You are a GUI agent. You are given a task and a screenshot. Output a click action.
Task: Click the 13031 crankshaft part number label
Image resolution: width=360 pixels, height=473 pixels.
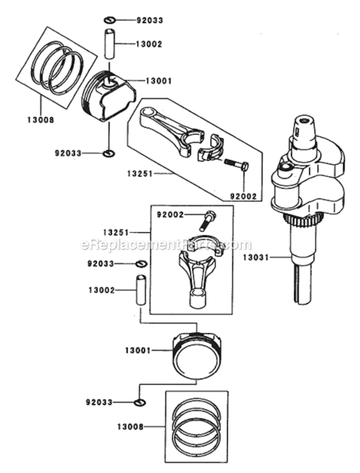[x=256, y=257]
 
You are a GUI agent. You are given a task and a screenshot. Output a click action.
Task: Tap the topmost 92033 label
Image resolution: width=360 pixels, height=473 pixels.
[x=149, y=20]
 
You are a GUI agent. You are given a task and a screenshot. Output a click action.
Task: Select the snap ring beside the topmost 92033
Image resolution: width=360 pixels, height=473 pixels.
[x=110, y=20]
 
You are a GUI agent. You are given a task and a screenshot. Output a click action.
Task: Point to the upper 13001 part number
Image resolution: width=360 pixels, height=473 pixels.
[x=159, y=81]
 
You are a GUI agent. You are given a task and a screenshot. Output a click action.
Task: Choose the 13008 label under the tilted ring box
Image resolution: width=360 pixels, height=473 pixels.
[x=41, y=120]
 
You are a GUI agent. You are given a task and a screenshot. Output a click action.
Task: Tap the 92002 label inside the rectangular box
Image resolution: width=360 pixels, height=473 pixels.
[x=170, y=215]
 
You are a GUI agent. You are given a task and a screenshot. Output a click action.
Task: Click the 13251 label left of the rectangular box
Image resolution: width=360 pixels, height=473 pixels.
[x=116, y=233]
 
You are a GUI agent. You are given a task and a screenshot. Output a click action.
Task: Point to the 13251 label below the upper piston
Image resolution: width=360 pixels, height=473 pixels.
[x=140, y=174]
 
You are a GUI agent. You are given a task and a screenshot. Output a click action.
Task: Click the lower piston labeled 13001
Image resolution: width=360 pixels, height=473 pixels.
[x=196, y=354]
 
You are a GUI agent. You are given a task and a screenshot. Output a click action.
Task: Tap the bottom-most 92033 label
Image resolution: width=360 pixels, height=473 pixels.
[x=99, y=402]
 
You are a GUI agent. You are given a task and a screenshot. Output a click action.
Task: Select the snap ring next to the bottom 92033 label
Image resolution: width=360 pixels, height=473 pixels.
[x=140, y=402]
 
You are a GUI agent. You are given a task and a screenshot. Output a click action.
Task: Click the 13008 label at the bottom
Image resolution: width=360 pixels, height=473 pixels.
[x=131, y=427]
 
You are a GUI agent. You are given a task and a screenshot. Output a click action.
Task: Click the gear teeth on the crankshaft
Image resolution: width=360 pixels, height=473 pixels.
[x=302, y=221]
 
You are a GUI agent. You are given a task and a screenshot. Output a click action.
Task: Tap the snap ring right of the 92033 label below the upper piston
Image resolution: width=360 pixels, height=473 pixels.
[x=108, y=153]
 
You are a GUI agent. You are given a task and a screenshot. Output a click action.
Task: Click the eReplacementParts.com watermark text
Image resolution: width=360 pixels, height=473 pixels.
[x=166, y=244]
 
